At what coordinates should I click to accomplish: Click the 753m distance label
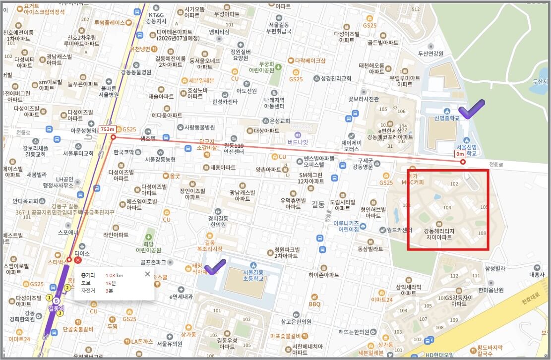[x=107, y=129]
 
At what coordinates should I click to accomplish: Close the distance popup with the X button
[x=147, y=274]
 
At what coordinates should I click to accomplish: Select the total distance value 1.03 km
[x=115, y=275]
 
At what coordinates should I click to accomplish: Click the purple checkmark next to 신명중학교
[x=471, y=109]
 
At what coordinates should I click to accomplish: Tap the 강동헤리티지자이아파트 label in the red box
[x=438, y=234]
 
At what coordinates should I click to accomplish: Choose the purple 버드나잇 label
[x=298, y=142]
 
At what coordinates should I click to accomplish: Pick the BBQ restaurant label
[x=314, y=304]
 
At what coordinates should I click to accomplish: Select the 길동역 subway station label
[x=57, y=308]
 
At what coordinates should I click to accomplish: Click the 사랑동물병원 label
[x=196, y=127]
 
